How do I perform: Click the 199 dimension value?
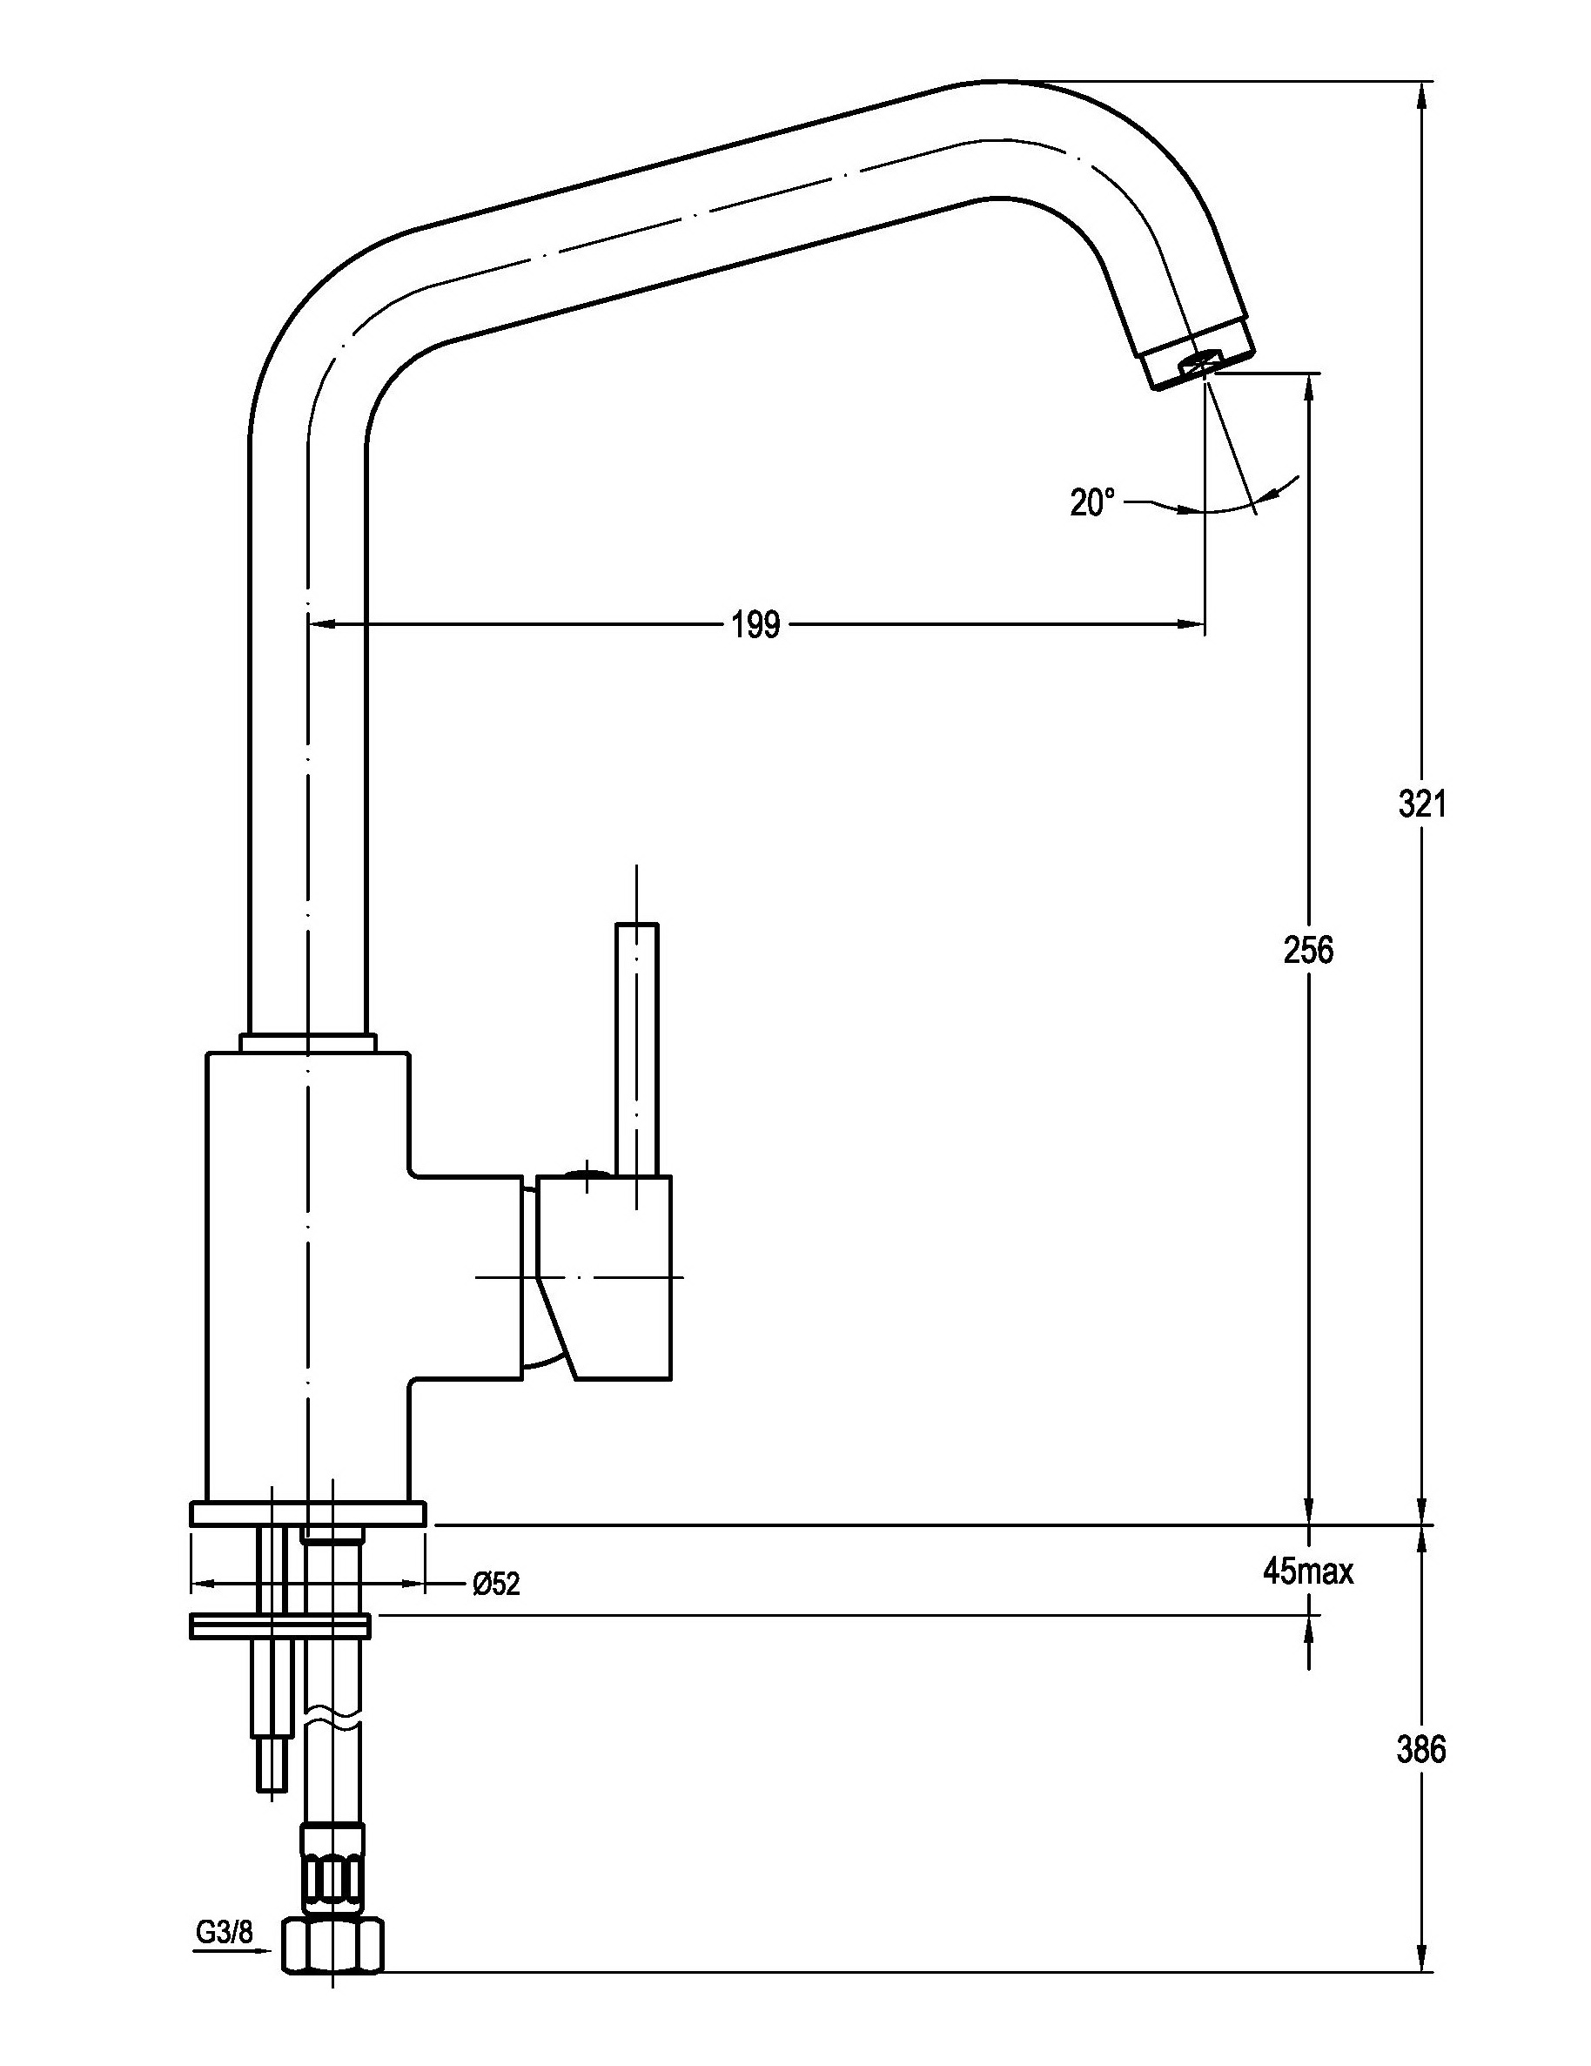coord(755,625)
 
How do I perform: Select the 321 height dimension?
coord(1421,804)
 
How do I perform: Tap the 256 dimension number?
coord(1308,950)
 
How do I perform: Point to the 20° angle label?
coord(1092,502)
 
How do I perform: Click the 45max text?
coord(1308,1571)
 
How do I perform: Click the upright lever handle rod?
coord(636,1050)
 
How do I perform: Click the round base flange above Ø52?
coord(307,1513)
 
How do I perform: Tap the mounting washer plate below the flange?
coord(280,1626)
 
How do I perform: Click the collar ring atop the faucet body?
coord(307,1041)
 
